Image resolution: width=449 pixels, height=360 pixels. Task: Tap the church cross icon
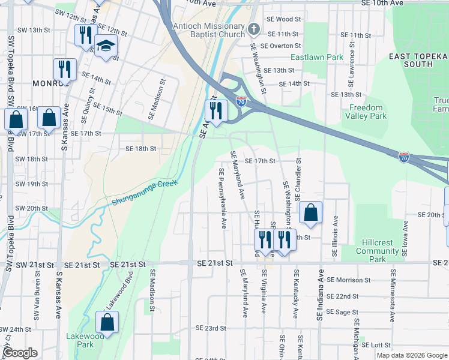pyautogui.click(x=254, y=28)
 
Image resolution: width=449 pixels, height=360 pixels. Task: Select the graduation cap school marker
pyautogui.click(x=106, y=47)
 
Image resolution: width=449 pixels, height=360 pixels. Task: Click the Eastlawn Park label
pyautogui.click(x=316, y=58)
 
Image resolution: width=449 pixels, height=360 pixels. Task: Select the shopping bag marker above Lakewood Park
pyautogui.click(x=107, y=323)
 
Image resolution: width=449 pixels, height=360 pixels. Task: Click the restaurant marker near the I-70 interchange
pyautogui.click(x=216, y=110)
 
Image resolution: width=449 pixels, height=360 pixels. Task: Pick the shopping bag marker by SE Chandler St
pyautogui.click(x=310, y=212)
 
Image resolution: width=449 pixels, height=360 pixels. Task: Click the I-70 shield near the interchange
pyautogui.click(x=241, y=101)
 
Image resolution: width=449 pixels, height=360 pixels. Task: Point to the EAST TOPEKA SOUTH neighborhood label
pyautogui.click(x=418, y=60)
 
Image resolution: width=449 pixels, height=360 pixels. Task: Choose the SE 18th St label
pyautogui.click(x=140, y=148)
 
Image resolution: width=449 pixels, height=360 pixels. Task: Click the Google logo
pyautogui.click(x=20, y=353)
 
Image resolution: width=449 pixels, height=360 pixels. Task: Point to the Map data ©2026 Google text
pyautogui.click(x=411, y=355)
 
